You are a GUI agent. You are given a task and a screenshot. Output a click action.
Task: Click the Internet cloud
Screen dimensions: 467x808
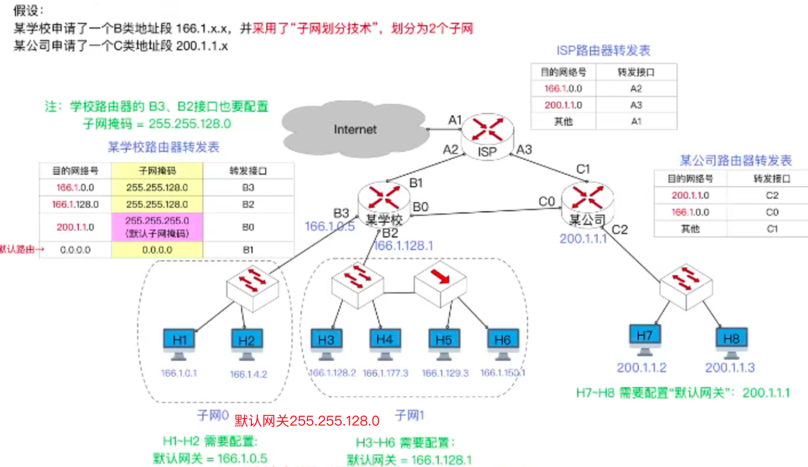pyautogui.click(x=354, y=128)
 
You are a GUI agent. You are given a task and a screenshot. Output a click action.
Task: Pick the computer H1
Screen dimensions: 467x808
pyautogui.click(x=180, y=343)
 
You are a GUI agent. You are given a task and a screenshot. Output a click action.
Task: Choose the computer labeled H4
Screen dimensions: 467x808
pyautogui.click(x=385, y=343)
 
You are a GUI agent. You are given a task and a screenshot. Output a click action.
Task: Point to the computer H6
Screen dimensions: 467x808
pyautogui.click(x=503, y=343)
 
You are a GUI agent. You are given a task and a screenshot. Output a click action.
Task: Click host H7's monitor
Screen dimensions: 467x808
pyautogui.click(x=644, y=338)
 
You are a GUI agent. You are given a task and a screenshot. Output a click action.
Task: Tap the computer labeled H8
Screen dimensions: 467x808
pyautogui.click(x=731, y=341)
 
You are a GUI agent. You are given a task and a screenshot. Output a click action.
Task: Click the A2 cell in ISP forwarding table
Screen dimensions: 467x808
pyautogui.click(x=636, y=89)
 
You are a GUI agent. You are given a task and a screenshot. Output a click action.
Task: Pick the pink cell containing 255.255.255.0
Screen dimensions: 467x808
pyautogui.click(x=157, y=227)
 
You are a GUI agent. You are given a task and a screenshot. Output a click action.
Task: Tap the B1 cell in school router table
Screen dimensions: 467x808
pyautogui.click(x=248, y=250)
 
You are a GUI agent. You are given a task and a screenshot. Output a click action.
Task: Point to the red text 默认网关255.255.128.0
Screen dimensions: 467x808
pyautogui.click(x=307, y=421)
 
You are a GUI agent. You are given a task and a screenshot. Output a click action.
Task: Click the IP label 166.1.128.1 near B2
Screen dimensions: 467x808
pyautogui.click(x=403, y=245)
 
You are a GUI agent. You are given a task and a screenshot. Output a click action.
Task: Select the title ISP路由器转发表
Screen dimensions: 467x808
pyautogui.click(x=604, y=51)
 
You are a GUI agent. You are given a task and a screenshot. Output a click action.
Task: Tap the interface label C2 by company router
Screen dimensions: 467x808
pyautogui.click(x=619, y=230)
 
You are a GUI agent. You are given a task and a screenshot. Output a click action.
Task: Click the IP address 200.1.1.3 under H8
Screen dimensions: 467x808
pyautogui.click(x=730, y=367)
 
